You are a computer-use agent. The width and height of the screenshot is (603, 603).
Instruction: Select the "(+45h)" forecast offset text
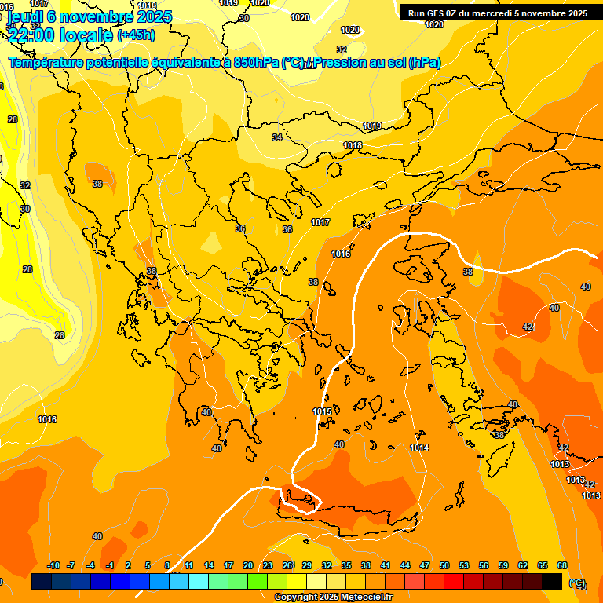coord(136,35)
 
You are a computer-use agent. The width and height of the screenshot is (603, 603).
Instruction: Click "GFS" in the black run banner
coord(434,13)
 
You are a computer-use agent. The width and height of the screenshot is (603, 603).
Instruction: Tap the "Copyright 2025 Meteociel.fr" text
coord(333,598)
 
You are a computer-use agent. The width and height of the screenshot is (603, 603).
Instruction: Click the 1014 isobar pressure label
coord(419,448)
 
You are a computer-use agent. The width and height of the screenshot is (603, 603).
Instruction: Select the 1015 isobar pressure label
coord(322,411)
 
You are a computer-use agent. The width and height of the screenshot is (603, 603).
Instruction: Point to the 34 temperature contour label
coord(277,137)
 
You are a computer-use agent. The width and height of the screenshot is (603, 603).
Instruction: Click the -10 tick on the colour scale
coord(53,565)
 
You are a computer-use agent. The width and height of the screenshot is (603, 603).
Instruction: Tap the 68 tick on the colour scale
coord(562,565)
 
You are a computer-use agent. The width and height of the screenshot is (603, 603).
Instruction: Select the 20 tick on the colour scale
coord(248,565)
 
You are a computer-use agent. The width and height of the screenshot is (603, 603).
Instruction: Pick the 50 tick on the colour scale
coord(444,565)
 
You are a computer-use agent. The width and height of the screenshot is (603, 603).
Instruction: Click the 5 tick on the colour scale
coord(148,565)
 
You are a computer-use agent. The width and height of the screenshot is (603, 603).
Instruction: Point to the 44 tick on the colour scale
coord(405,565)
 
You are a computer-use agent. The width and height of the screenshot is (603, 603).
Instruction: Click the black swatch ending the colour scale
coord(552,581)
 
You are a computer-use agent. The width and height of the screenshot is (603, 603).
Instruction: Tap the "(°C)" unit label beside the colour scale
coord(577,583)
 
